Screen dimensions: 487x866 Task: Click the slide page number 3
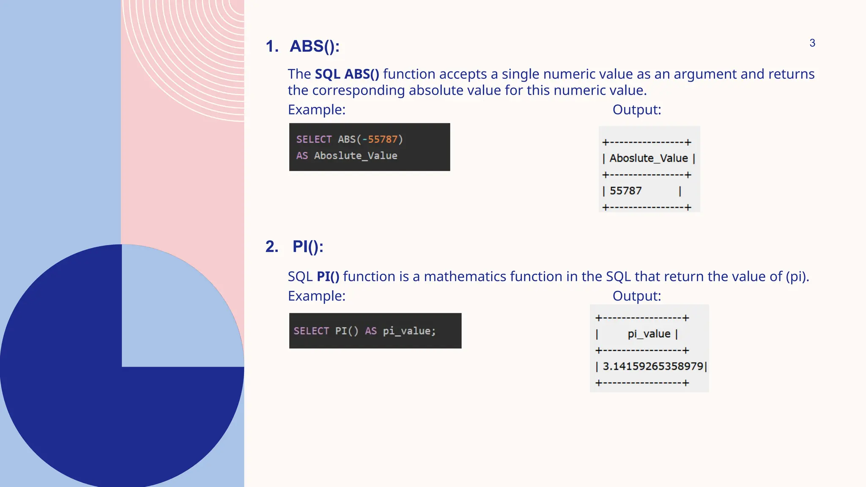pyautogui.click(x=812, y=43)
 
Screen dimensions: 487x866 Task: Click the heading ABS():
pyautogui.click(x=314, y=46)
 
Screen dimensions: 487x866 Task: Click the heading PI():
pyautogui.click(x=307, y=246)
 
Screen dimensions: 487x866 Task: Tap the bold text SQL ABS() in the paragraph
pyautogui.click(x=347, y=74)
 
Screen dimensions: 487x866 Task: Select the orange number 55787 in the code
pyautogui.click(x=383, y=139)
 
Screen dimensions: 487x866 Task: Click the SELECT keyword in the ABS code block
pyautogui.click(x=314, y=139)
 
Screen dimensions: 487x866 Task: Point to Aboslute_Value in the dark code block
pyautogui.click(x=355, y=156)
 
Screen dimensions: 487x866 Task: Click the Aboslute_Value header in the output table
pyautogui.click(x=649, y=158)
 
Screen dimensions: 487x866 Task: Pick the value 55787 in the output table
pyautogui.click(x=625, y=191)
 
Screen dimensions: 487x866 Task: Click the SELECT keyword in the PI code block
pyautogui.click(x=311, y=331)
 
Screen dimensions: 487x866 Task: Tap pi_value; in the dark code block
pyautogui.click(x=409, y=331)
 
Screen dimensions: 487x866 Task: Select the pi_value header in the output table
pyautogui.click(x=649, y=334)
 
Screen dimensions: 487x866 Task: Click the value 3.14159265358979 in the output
pyautogui.click(x=652, y=366)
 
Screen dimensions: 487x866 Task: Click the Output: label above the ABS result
pyautogui.click(x=636, y=109)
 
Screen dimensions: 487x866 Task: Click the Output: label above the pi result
pyautogui.click(x=636, y=296)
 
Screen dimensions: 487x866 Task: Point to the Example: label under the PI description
pyautogui.click(x=316, y=296)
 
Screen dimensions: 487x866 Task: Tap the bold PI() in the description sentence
pyautogui.click(x=328, y=276)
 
